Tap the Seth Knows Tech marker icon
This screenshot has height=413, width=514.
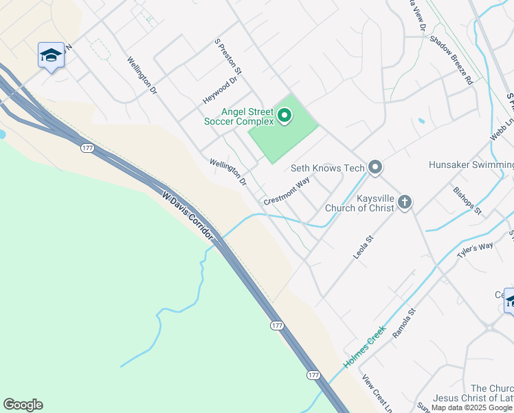375,167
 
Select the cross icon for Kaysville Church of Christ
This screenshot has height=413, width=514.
405,202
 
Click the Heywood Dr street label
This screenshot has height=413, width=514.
220,90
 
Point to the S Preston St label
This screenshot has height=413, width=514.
228,56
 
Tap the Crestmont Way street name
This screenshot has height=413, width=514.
287,191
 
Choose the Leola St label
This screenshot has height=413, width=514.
363,247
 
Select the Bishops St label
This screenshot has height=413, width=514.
468,200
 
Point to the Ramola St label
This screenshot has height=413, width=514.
404,323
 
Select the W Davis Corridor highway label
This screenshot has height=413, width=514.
188,216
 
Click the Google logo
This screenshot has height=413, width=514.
23,405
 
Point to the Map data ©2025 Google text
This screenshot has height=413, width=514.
472,407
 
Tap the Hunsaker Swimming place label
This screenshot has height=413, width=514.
471,165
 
